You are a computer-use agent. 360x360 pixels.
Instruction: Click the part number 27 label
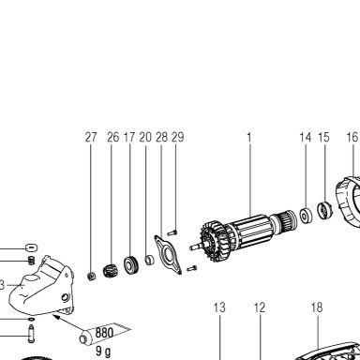pos(91,137)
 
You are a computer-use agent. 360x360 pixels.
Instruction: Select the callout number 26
pos(112,137)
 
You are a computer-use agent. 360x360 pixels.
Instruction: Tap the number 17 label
pos(129,137)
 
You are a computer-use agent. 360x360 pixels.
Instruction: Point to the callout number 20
pos(145,137)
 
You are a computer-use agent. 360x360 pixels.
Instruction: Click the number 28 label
pos(161,137)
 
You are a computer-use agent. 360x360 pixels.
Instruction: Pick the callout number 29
pos(178,137)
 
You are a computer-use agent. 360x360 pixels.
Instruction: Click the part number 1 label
pos(249,137)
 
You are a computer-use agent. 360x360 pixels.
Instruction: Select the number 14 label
pos(306,137)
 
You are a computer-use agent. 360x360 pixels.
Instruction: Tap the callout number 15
pos(323,137)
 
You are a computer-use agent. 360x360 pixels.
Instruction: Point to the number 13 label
pos(219,307)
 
